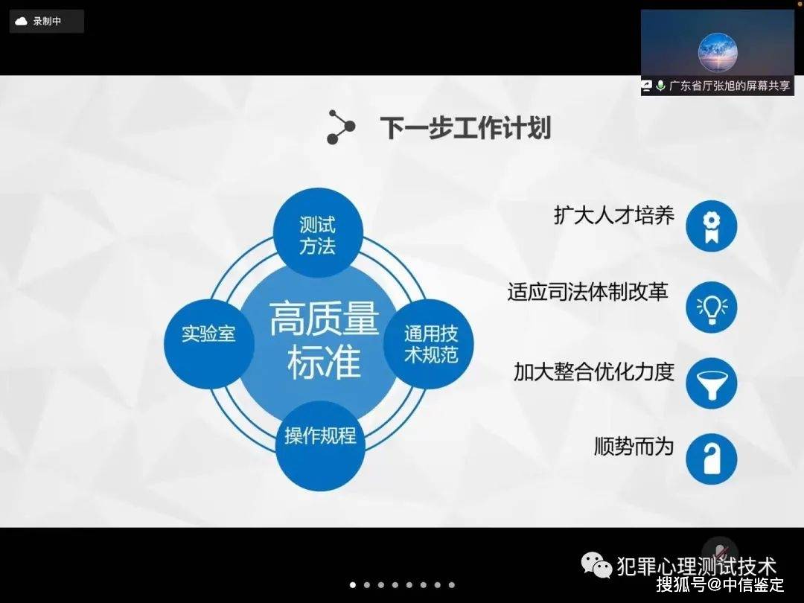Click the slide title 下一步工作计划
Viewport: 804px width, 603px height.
(x=465, y=128)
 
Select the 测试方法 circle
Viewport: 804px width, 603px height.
(x=318, y=233)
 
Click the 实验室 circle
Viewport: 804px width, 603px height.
(x=208, y=343)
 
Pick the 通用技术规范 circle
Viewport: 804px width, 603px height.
(x=429, y=343)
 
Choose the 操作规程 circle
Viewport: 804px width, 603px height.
(x=320, y=445)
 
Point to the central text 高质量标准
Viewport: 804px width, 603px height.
(x=324, y=340)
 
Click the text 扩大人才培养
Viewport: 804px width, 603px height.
(x=613, y=215)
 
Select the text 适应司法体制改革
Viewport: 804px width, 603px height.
(x=587, y=292)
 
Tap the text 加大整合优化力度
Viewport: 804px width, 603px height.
(x=594, y=371)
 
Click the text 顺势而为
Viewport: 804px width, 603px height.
(x=634, y=446)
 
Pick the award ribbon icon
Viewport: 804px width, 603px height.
(x=711, y=226)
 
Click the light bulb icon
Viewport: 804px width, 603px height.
(x=711, y=307)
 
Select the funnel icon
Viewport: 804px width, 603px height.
(x=711, y=383)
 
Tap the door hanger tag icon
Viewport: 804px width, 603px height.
(x=711, y=459)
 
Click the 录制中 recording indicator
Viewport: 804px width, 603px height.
(x=47, y=22)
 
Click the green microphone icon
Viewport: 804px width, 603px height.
(x=660, y=86)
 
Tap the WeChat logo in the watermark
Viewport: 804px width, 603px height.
(x=597, y=564)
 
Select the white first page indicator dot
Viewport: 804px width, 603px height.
(x=353, y=584)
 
